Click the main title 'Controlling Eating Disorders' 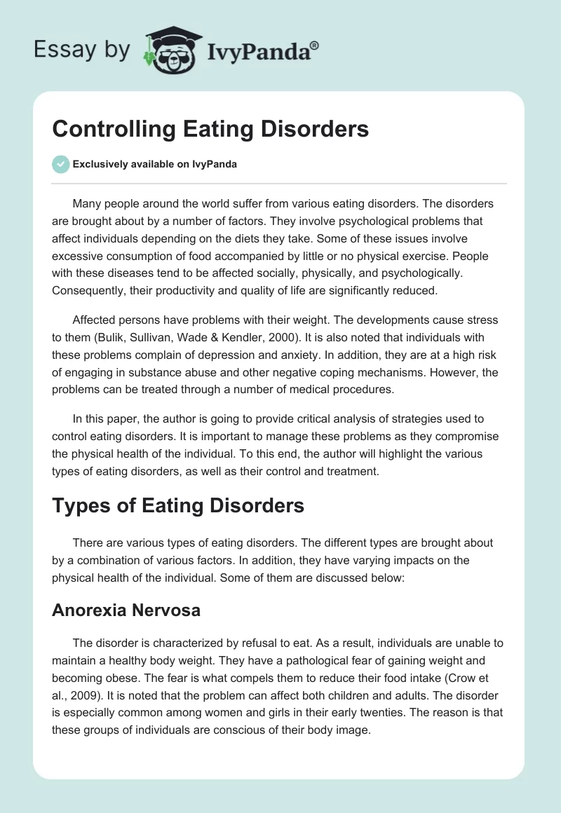pos(210,129)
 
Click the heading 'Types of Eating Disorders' pos(178,505)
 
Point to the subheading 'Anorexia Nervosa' pos(126,610)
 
